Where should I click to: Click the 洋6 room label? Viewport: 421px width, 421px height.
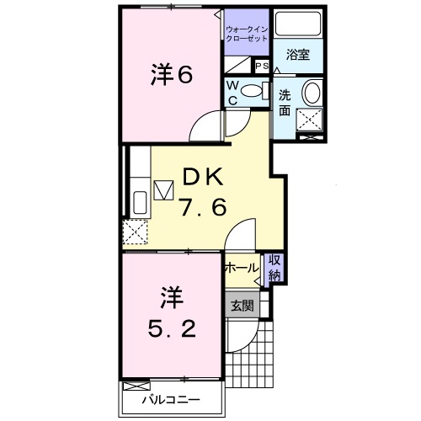(x=173, y=74)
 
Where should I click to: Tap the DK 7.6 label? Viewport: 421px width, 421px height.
(x=202, y=192)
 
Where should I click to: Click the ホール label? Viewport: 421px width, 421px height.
(x=242, y=268)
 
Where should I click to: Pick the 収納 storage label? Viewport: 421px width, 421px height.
(x=274, y=267)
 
